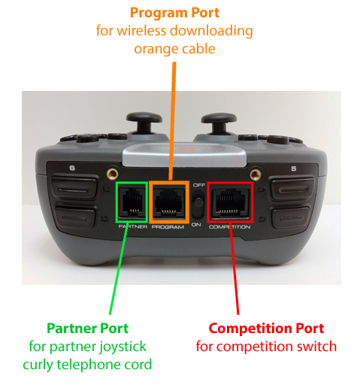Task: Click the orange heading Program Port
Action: tap(174, 13)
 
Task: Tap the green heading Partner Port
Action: tap(87, 328)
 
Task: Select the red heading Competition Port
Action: tap(266, 328)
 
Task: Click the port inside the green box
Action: tap(132, 202)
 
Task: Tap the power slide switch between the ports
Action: tap(198, 204)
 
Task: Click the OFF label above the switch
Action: tap(199, 185)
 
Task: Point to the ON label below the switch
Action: tap(196, 225)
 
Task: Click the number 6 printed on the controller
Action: tap(72, 168)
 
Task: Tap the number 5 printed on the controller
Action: tap(294, 168)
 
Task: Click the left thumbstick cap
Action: tap(144, 118)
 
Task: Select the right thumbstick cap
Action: tap(219, 118)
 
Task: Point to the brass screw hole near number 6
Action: tap(113, 173)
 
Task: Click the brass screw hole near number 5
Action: tap(256, 174)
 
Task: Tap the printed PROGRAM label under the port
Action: tap(168, 227)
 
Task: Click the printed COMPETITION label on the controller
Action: tap(229, 227)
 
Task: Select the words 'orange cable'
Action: tap(174, 49)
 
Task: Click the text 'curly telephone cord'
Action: tap(87, 365)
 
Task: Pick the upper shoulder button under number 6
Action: tap(74, 188)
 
